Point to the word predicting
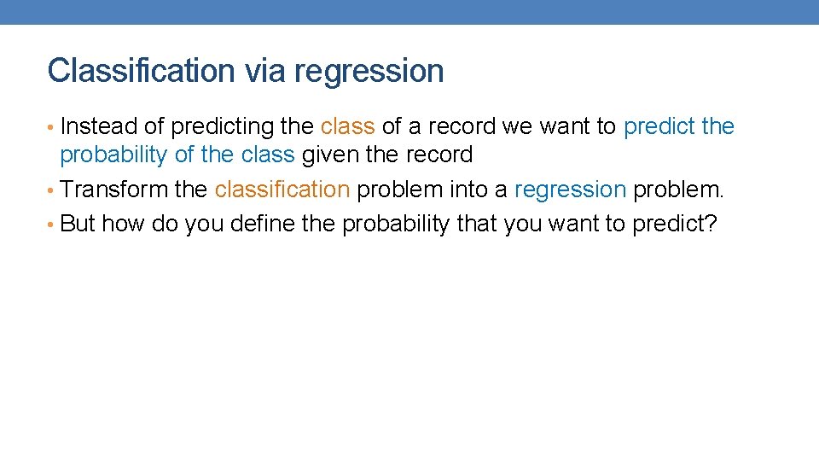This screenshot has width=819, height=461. pos(223,127)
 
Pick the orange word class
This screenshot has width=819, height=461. pos(347,126)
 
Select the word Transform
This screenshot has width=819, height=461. pos(113,189)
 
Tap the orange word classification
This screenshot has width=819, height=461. pos(282,189)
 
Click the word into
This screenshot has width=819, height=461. pos(466,189)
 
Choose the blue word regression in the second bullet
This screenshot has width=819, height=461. pos(570,190)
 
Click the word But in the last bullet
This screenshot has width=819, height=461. pos(78,224)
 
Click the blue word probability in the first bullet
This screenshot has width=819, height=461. pos(113,156)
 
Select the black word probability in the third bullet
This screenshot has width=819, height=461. pos(396,225)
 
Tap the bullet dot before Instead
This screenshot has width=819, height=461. pos(52,127)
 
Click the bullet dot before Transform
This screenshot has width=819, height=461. pos(52,190)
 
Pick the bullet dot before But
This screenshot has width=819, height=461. pos(52,225)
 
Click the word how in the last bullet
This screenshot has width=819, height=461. pos(123,224)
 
